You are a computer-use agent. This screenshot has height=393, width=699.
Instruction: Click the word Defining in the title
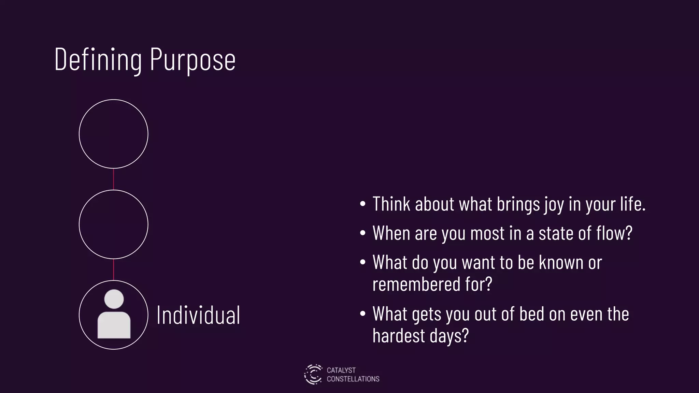[98, 60]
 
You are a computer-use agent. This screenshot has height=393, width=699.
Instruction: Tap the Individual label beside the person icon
[198, 315]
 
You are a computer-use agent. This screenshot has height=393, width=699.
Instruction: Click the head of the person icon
[114, 299]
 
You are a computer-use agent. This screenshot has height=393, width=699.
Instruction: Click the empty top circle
[114, 134]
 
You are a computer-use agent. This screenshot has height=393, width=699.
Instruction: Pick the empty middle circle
[114, 224]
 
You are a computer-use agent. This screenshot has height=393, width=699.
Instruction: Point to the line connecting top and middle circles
[114, 179]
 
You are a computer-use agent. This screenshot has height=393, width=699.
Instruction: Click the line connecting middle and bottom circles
[114, 270]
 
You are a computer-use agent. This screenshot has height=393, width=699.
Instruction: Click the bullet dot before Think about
[363, 204]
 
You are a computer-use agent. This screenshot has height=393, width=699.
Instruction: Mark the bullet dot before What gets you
[363, 314]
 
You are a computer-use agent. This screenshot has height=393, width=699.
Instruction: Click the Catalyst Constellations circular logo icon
[313, 374]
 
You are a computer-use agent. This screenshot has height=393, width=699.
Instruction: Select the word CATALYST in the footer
[341, 370]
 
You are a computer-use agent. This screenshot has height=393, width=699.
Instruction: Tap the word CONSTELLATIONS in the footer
[353, 379]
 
